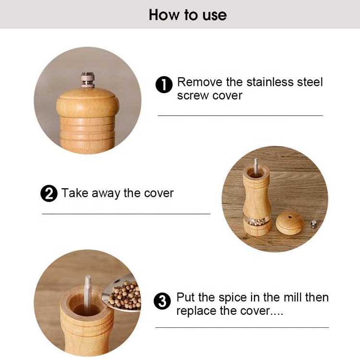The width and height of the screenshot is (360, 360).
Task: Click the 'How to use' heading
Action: click(x=188, y=15)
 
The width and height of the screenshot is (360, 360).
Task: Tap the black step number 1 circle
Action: click(x=164, y=84)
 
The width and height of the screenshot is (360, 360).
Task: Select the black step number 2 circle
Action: click(x=49, y=193)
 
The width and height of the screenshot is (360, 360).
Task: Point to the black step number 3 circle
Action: click(x=162, y=301)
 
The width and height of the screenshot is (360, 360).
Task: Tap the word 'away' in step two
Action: click(x=106, y=193)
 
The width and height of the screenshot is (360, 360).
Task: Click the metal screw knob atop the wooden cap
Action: click(x=87, y=80)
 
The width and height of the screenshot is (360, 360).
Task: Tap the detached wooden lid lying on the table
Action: click(x=289, y=223)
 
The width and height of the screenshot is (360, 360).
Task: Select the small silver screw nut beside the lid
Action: click(x=314, y=224)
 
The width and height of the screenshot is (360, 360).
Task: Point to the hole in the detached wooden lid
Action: click(x=290, y=217)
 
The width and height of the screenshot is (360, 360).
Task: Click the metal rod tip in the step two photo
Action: click(x=256, y=159)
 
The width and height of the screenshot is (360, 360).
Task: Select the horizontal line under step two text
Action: click(x=126, y=214)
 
